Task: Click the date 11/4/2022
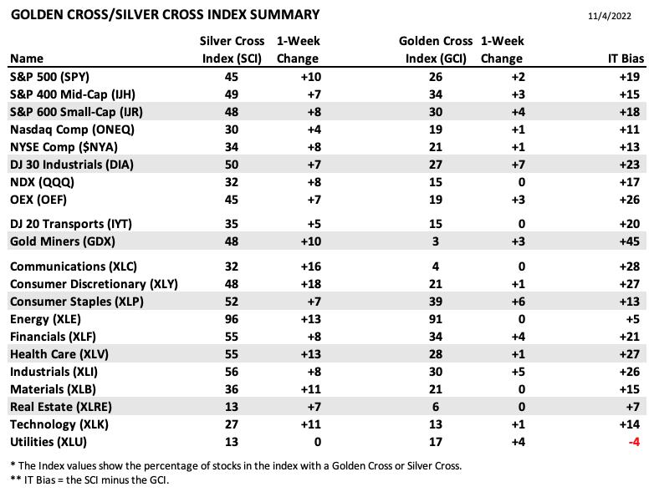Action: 609,16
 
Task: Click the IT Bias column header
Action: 626,58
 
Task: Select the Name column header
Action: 27,58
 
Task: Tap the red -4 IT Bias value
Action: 634,442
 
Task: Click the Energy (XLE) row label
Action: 45,319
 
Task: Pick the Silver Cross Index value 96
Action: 232,319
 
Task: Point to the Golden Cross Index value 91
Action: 436,319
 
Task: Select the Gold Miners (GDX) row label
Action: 63,241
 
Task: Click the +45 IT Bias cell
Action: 630,241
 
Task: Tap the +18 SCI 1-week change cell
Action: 311,284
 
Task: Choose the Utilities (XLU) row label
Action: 49,442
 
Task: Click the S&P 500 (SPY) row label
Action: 49,77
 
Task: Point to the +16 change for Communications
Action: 311,266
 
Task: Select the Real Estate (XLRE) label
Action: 61,407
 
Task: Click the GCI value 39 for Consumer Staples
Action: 436,302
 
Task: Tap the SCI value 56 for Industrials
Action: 232,372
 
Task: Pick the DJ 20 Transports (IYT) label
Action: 71,224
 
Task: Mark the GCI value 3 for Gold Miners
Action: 436,241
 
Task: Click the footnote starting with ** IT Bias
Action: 89,480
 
